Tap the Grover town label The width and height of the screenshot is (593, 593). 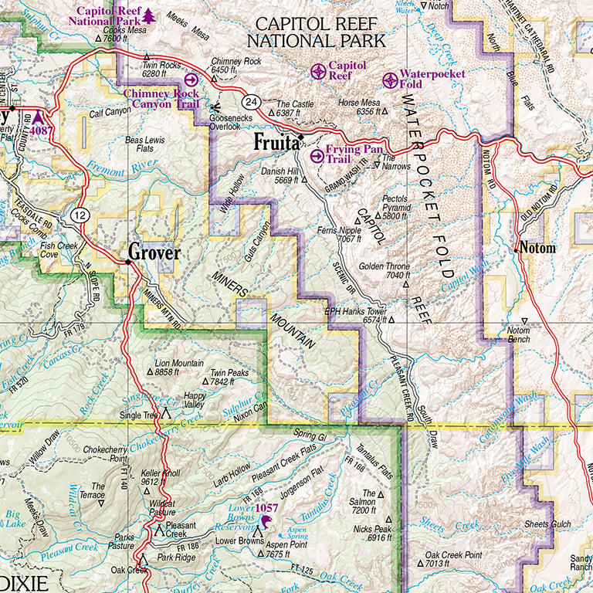click(x=154, y=252)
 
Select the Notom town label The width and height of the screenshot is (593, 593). click(x=538, y=249)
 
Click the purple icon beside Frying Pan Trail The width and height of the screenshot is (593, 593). click(x=317, y=155)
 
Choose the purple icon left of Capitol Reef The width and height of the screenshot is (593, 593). click(x=318, y=72)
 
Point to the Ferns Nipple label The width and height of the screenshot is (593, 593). click(x=339, y=235)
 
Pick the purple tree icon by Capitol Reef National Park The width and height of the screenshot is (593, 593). click(x=150, y=15)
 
